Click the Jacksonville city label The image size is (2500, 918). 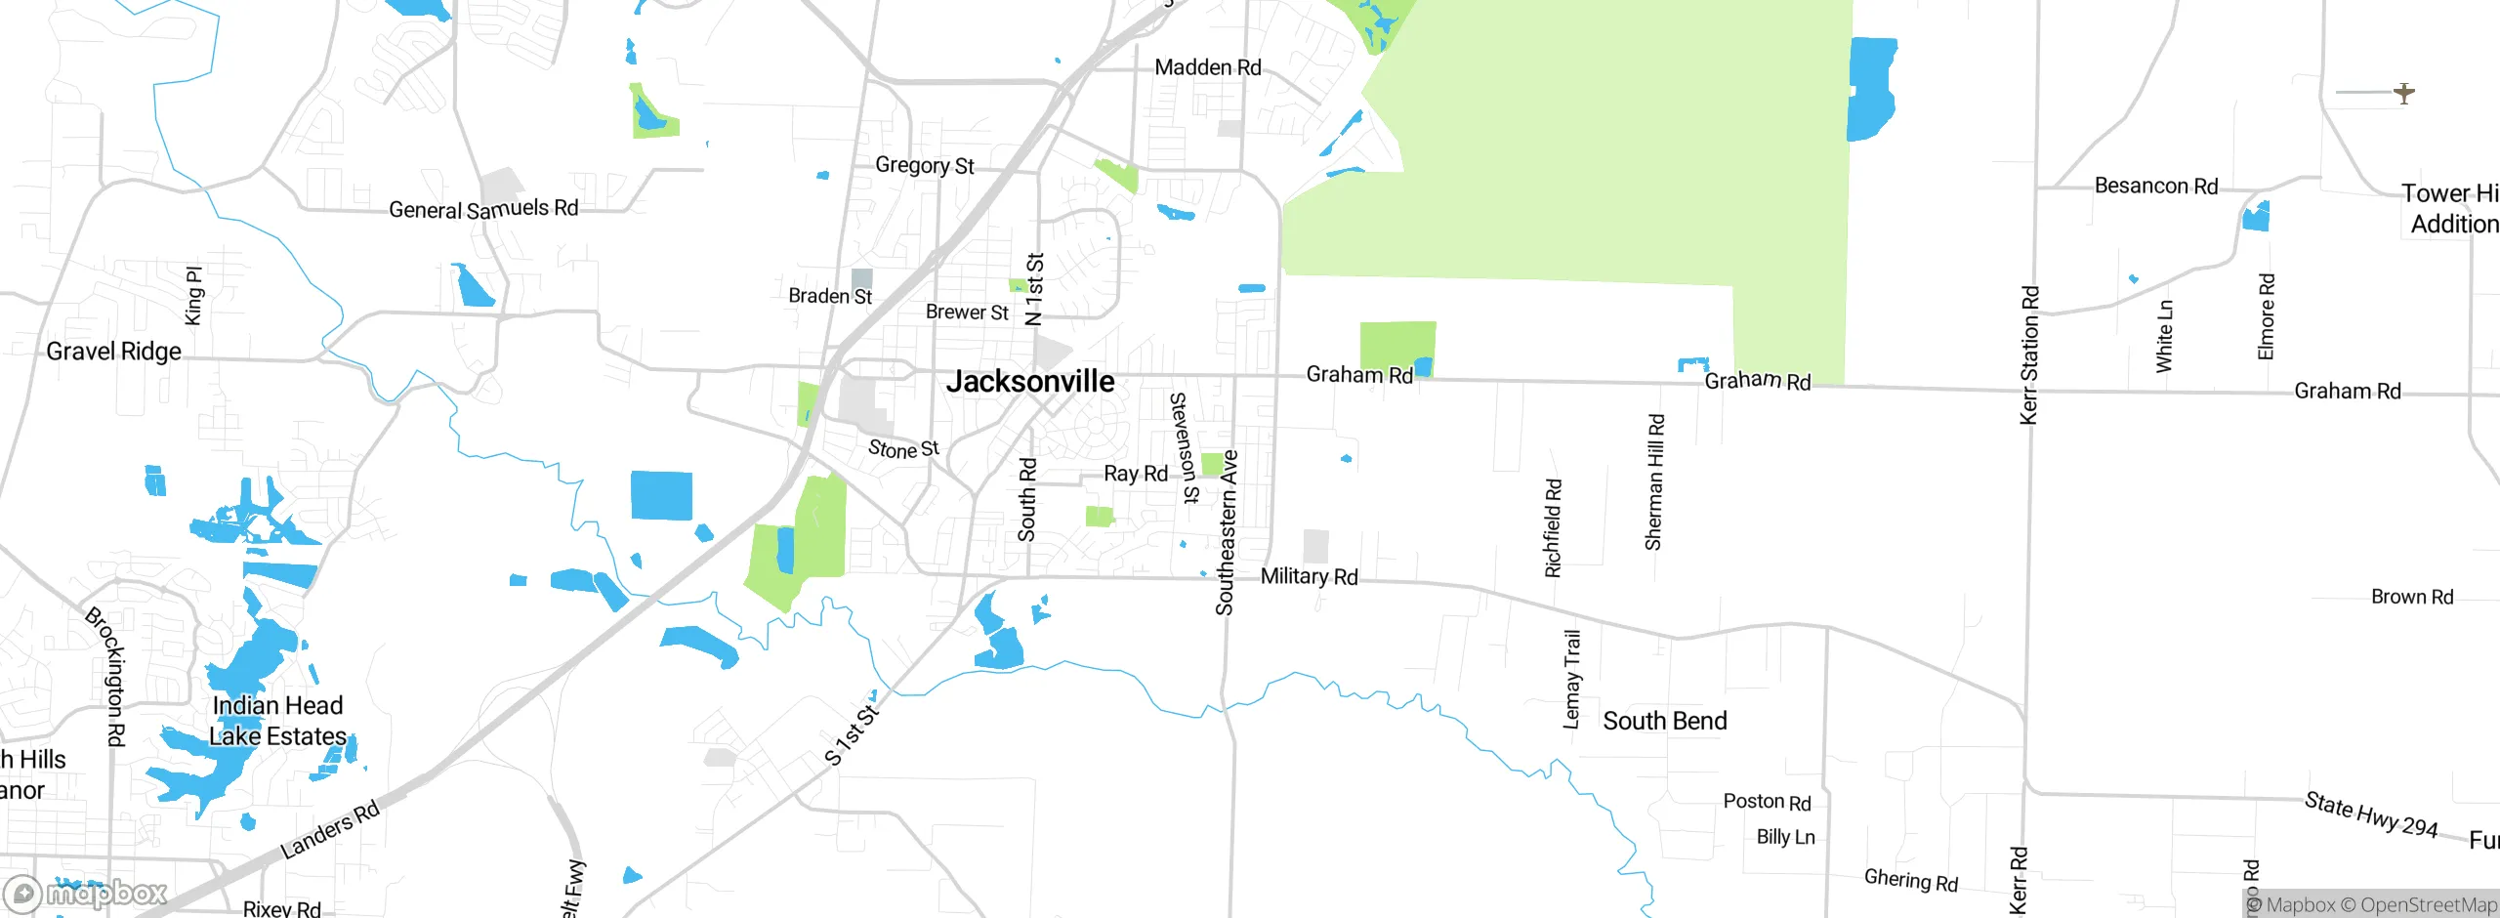(x=1029, y=381)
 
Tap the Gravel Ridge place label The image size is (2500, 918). (x=113, y=352)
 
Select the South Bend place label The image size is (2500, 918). (x=1664, y=721)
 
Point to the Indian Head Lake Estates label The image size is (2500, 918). (x=278, y=721)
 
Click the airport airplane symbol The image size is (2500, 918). (x=2403, y=93)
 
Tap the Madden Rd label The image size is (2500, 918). (x=1207, y=67)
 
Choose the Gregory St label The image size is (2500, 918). (x=924, y=165)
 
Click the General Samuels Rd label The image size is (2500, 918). (x=483, y=209)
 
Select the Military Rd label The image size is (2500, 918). (x=1309, y=576)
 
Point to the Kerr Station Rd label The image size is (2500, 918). (x=2029, y=355)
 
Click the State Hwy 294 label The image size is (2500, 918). (x=2370, y=815)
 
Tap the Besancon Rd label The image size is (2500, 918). (x=2155, y=186)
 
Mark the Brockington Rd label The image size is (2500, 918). (x=107, y=676)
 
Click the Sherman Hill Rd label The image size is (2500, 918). (x=1654, y=482)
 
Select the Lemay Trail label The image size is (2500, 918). (x=1571, y=679)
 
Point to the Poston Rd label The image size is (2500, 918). (x=1767, y=802)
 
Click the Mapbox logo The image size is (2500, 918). (x=86, y=893)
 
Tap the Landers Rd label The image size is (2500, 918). (x=329, y=830)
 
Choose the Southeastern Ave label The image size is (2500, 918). (x=1227, y=532)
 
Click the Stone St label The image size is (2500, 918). (x=903, y=449)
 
